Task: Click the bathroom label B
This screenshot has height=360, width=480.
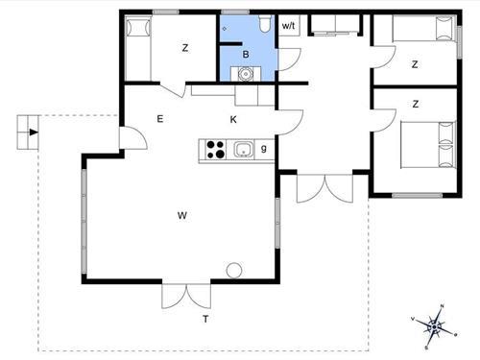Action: pyautogui.click(x=246, y=56)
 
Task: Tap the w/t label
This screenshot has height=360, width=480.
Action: pyautogui.click(x=288, y=26)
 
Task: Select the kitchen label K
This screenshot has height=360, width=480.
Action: pyautogui.click(x=233, y=119)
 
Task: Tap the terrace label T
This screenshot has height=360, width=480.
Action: pyautogui.click(x=204, y=318)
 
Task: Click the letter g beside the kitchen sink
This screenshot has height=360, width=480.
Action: pyautogui.click(x=263, y=149)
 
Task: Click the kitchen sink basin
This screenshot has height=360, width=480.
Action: pyautogui.click(x=243, y=149)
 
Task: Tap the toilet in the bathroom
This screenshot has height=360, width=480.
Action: pyautogui.click(x=263, y=25)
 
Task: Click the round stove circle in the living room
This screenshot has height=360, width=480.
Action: pyautogui.click(x=232, y=270)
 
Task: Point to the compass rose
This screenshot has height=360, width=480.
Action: pyautogui.click(x=435, y=327)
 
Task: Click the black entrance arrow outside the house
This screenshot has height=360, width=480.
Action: pyautogui.click(x=34, y=132)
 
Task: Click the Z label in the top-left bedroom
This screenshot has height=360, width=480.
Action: pyautogui.click(x=185, y=48)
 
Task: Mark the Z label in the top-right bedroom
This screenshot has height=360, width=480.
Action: pyautogui.click(x=415, y=65)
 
